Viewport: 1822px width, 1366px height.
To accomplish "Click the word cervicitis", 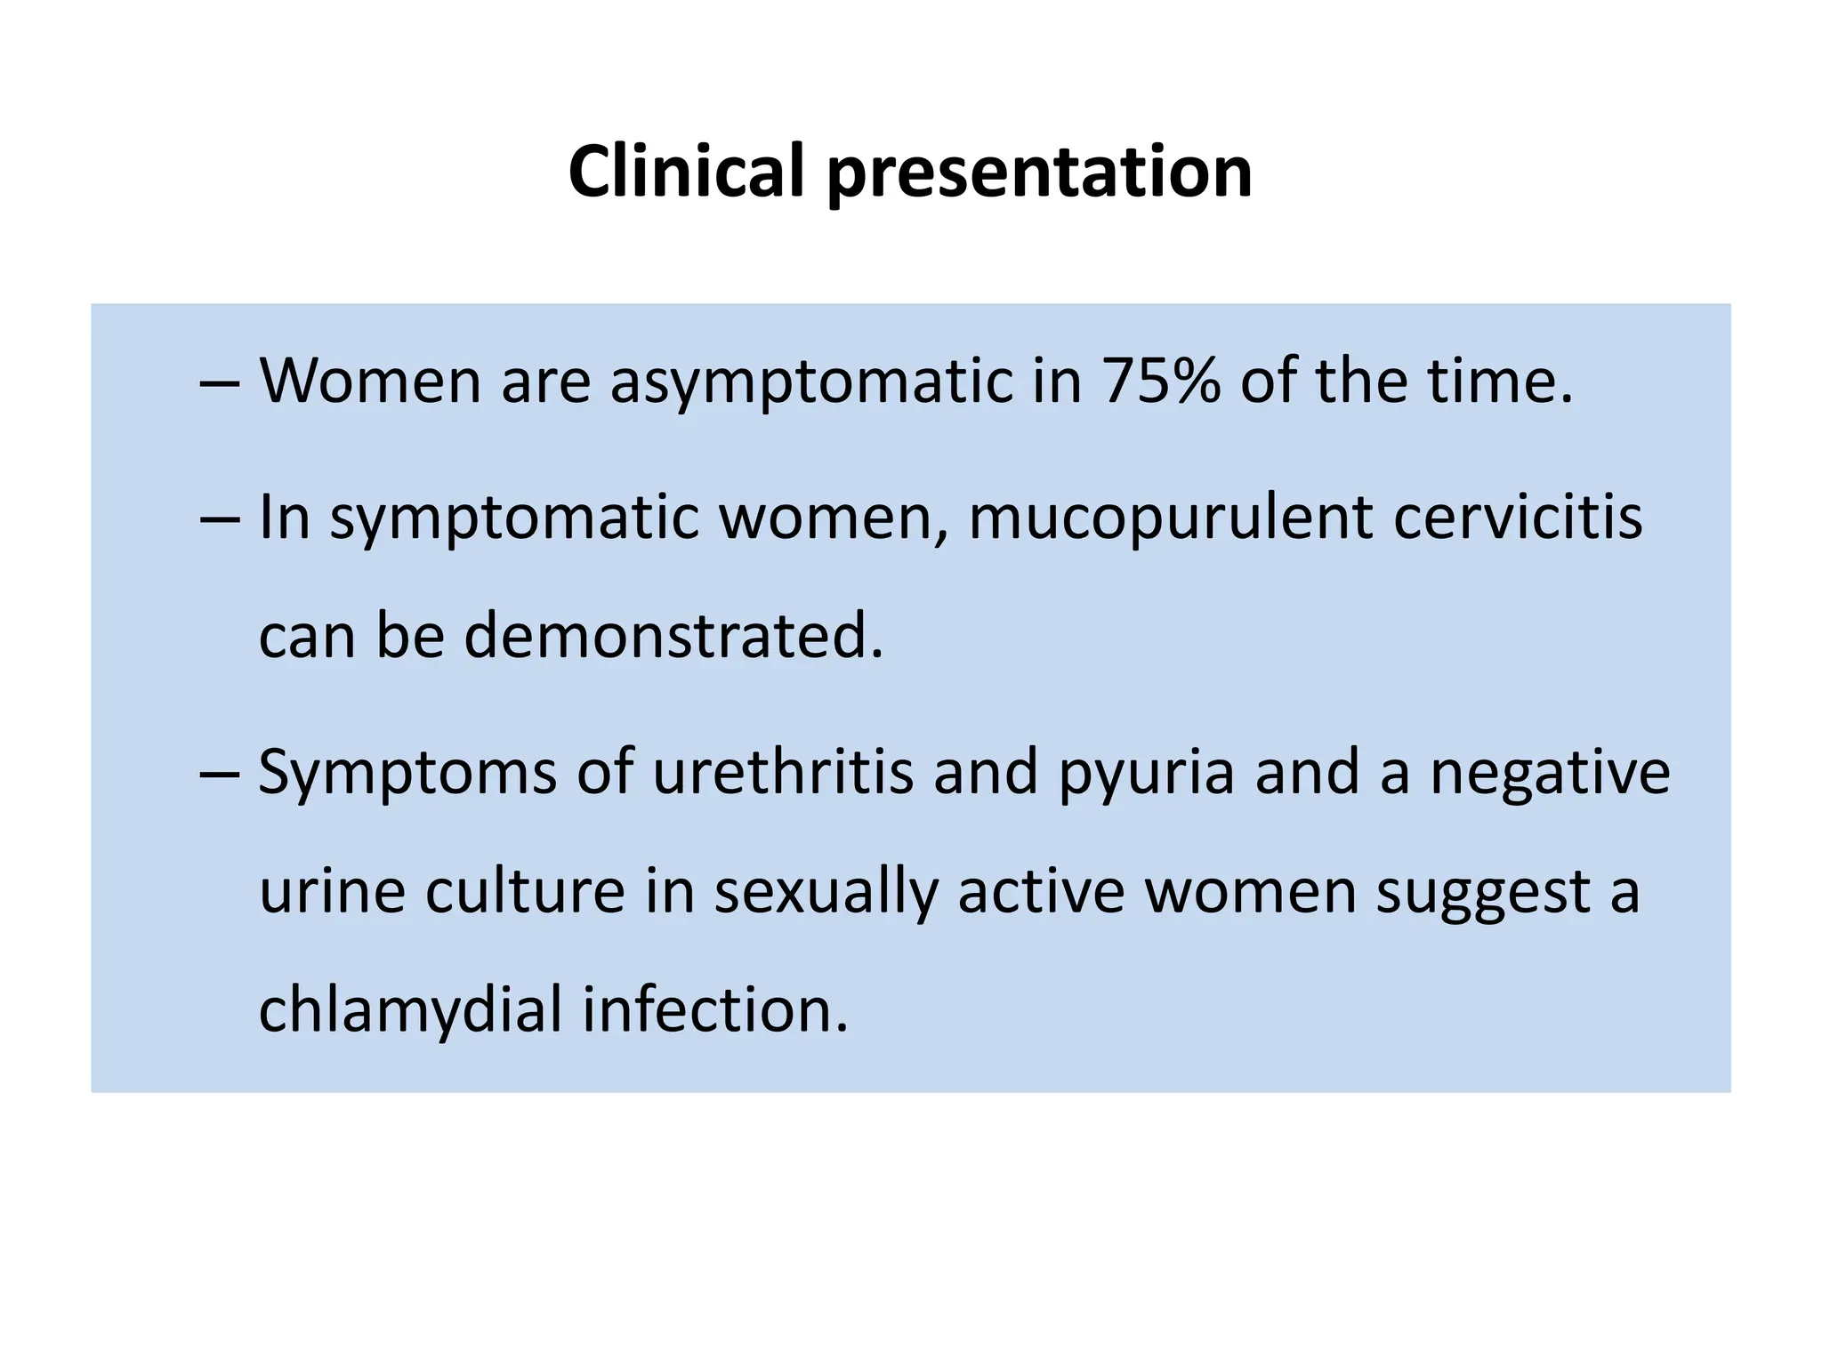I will pyautogui.click(x=1517, y=517).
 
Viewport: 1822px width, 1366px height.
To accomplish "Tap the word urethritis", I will pyautogui.click(x=782, y=772).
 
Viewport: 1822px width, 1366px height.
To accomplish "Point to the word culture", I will pyautogui.click(x=525, y=891).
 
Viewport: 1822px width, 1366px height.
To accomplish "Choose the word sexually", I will pyautogui.click(x=826, y=893).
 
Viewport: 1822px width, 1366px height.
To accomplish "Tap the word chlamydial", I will pyautogui.click(x=410, y=1011).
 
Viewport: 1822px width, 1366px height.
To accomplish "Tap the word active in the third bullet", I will pyautogui.click(x=1041, y=891).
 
